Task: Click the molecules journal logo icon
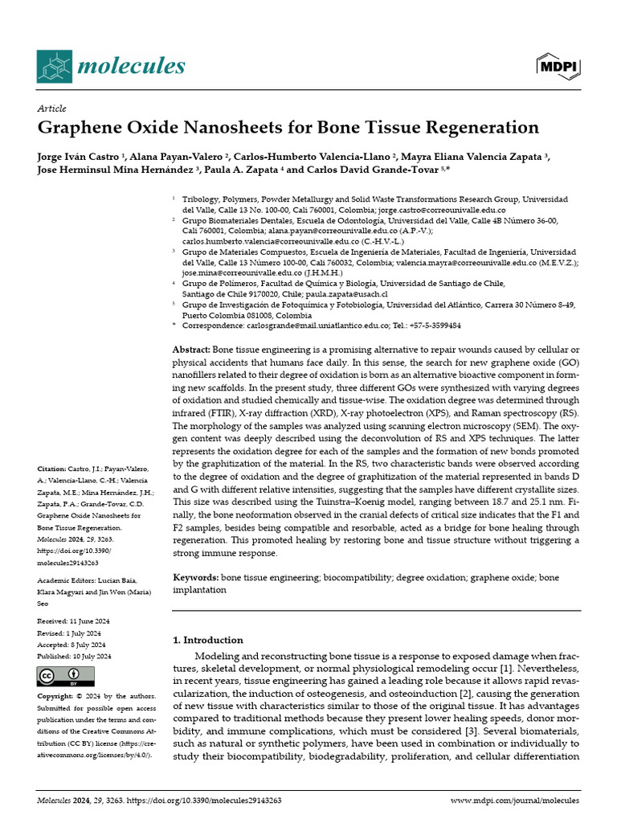point(54,66)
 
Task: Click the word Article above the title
point(51,109)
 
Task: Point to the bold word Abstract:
point(191,350)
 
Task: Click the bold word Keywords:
point(196,577)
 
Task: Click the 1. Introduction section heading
point(208,640)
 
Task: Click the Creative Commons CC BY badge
point(59,675)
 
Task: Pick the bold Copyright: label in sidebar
point(57,694)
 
